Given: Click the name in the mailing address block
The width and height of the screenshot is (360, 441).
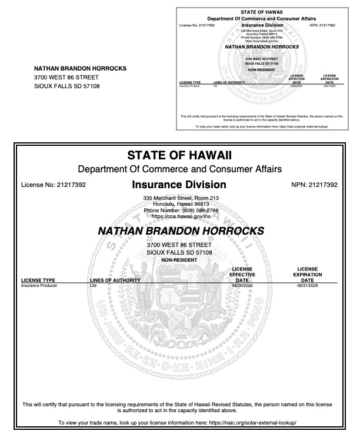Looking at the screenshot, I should [x=80, y=68].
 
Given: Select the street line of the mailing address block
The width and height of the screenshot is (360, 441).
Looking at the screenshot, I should [x=66, y=77].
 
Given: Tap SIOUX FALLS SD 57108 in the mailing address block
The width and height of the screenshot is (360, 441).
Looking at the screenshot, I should [x=67, y=86].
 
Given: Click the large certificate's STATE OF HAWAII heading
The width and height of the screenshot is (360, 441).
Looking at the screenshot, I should [x=179, y=156].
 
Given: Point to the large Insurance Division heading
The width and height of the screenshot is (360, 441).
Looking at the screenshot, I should [x=179, y=185].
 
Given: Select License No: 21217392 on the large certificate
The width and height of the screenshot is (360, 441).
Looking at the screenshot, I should [x=54, y=185].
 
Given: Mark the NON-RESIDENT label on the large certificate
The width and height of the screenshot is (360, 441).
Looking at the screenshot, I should [x=179, y=260].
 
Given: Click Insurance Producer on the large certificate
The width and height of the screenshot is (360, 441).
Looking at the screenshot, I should [x=37, y=285].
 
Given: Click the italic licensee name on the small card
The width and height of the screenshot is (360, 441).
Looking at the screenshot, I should [x=261, y=46].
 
